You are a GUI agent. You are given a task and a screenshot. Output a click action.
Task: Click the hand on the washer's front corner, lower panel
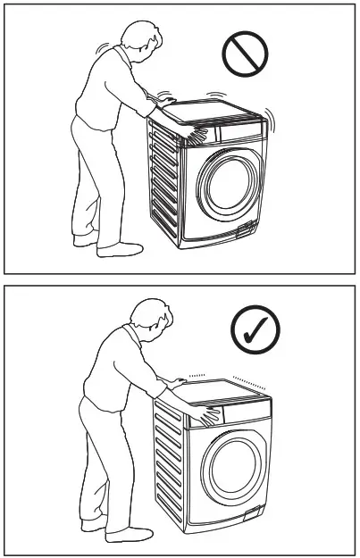(212, 413)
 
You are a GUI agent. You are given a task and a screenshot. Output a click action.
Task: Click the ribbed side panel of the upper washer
(164, 183)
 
